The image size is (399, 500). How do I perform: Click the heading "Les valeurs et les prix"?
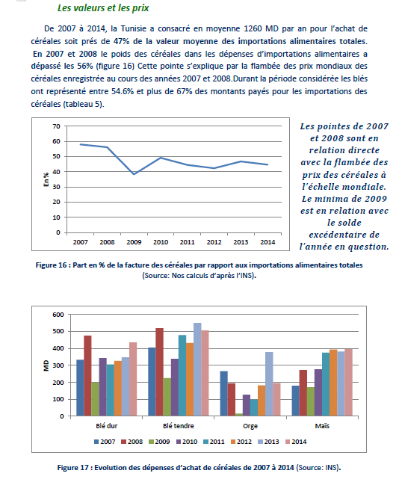[103, 8]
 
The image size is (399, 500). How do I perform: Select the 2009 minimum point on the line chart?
[134, 174]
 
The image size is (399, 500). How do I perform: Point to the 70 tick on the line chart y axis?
[56, 126]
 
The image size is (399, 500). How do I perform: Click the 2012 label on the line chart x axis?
[214, 242]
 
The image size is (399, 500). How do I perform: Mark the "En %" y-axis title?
[46, 179]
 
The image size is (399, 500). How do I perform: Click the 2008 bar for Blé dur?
[87, 376]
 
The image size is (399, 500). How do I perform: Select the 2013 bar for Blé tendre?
[197, 369]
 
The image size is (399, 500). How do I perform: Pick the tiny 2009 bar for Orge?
[238, 415]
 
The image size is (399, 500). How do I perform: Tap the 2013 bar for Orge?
[269, 384]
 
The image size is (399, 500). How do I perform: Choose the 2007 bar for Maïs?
[295, 401]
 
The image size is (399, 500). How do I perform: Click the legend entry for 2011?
[214, 442]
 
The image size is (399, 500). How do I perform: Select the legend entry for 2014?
[296, 442]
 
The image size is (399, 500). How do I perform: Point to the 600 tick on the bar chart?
[58, 315]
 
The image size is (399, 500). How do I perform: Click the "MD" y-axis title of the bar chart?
[46, 365]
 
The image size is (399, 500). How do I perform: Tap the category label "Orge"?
[250, 426]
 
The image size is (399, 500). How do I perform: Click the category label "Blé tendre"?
[178, 426]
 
